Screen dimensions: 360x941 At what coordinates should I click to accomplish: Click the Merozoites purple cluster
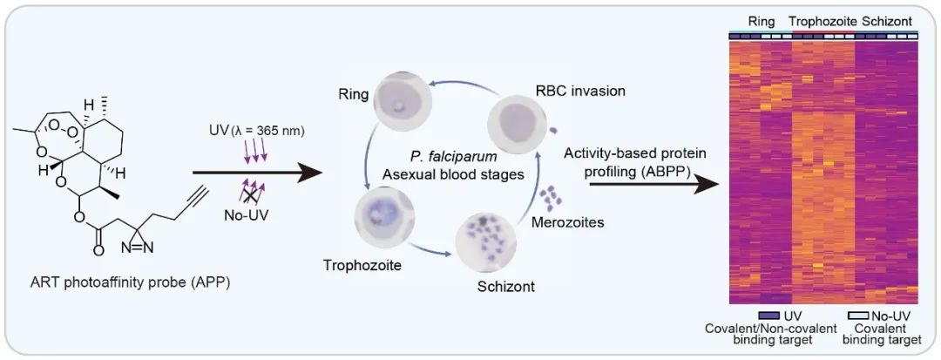551,200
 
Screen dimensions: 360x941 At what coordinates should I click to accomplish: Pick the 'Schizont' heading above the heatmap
890,20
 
